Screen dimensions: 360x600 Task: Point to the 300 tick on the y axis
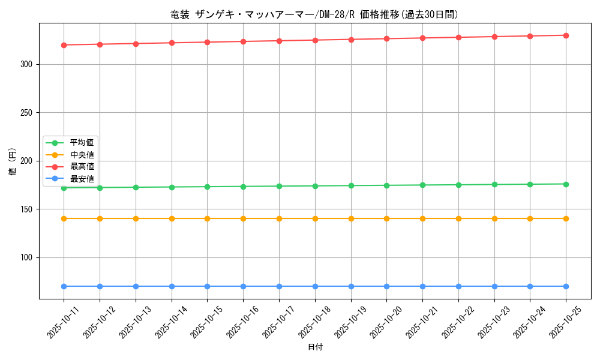[x=26, y=64]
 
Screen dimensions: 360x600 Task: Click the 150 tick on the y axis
[x=26, y=209]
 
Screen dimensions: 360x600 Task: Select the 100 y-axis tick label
[x=26, y=258]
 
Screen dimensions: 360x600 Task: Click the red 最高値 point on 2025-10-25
[x=566, y=35]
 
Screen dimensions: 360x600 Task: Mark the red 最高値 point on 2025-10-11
[x=64, y=45]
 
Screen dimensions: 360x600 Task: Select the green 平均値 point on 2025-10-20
[x=386, y=185]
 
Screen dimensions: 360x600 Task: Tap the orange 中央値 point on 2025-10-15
[x=207, y=218]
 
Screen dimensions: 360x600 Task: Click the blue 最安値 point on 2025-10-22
[x=458, y=286]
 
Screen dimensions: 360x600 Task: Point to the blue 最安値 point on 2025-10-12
[x=100, y=286]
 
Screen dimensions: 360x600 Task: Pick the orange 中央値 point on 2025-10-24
[x=530, y=218]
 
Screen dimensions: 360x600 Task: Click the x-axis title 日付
[x=315, y=347]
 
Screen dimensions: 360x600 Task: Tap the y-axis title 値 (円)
[x=13, y=161]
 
